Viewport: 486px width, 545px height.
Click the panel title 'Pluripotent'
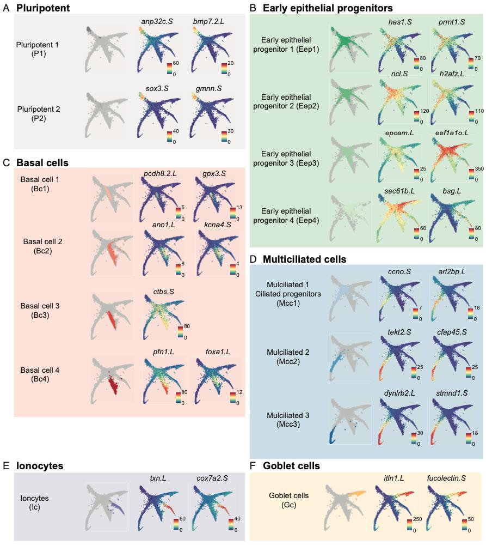click(43, 8)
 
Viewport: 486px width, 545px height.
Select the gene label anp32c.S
click(157, 22)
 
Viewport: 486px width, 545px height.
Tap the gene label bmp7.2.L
click(208, 22)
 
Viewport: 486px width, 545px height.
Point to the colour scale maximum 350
click(479, 168)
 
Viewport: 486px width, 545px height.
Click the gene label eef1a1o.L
click(452, 133)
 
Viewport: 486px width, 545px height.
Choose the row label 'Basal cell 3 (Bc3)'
click(40, 311)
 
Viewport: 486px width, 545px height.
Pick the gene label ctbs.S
click(164, 292)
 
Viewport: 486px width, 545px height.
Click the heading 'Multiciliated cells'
click(304, 259)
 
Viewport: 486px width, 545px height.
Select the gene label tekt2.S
click(399, 332)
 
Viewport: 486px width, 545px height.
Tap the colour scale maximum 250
click(417, 519)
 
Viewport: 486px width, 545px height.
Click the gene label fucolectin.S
click(446, 479)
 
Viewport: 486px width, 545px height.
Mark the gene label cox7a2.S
click(212, 479)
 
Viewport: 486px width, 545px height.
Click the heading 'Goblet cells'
click(291, 466)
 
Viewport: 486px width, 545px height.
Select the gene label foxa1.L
click(218, 352)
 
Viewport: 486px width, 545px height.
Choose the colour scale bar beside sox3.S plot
click(169, 137)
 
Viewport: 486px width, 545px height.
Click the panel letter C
click(6, 162)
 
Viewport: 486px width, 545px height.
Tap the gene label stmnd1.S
click(452, 393)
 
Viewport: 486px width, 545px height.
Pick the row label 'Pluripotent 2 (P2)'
click(39, 114)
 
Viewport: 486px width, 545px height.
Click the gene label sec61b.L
click(399, 191)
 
